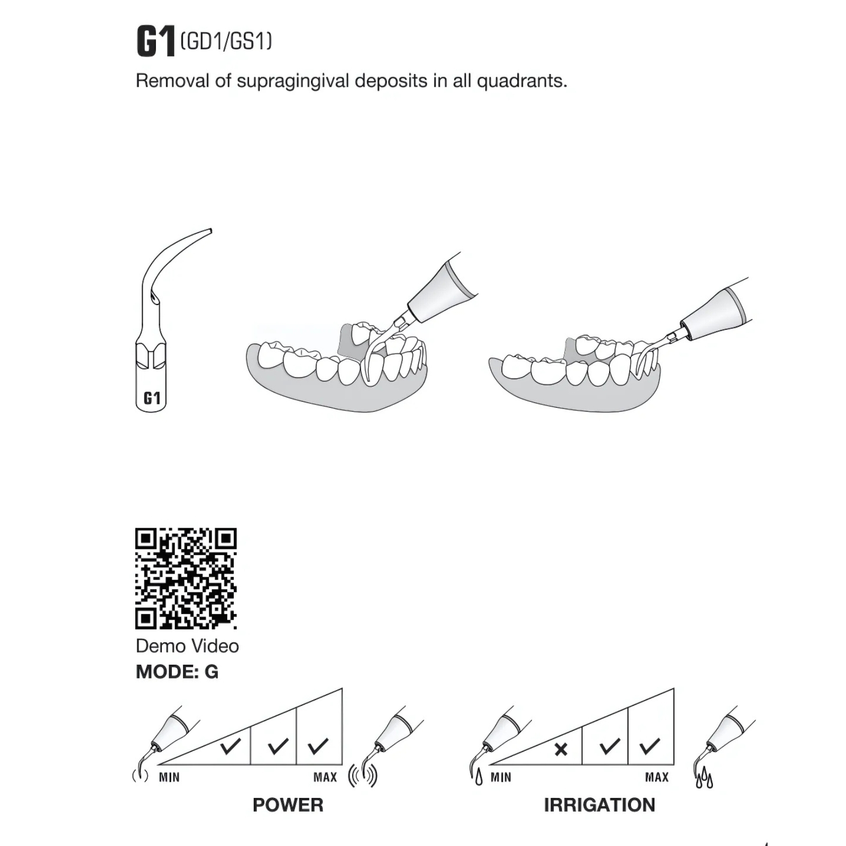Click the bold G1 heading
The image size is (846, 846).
(155, 42)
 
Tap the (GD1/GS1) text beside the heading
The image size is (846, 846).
(226, 41)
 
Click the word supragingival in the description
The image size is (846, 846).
(293, 81)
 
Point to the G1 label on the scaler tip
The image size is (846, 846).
(152, 398)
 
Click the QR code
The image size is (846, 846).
(186, 578)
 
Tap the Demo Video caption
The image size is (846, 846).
(187, 646)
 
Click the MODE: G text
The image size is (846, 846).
(177, 672)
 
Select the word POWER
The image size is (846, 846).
(288, 805)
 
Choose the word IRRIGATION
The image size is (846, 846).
(600, 805)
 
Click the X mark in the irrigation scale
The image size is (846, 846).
(561, 749)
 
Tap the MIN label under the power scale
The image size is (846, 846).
(169, 777)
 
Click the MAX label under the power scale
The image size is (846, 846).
(325, 777)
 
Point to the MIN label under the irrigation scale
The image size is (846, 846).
(501, 777)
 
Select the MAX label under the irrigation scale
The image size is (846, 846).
(657, 777)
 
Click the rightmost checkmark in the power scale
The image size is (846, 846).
(318, 746)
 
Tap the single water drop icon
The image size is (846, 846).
(479, 778)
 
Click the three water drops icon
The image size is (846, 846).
(704, 780)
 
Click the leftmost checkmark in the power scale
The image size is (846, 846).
(231, 746)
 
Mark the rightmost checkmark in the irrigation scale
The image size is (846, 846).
(650, 746)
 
